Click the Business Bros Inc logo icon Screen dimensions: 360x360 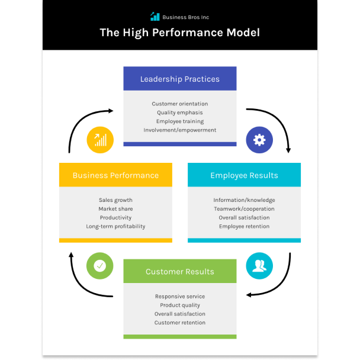click(x=155, y=17)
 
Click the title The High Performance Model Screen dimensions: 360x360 click(x=179, y=33)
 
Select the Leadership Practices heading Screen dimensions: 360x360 click(x=179, y=79)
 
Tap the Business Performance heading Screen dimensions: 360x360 click(x=115, y=175)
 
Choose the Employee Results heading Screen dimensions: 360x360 click(x=244, y=175)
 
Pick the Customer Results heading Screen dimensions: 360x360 click(x=179, y=272)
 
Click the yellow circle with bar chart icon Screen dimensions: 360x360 click(x=100, y=140)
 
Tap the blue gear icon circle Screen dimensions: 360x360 click(x=259, y=140)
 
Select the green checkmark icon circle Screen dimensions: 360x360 click(x=100, y=266)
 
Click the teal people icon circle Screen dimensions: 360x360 click(x=259, y=266)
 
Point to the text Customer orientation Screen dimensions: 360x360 click(x=179, y=104)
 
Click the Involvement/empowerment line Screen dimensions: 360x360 click(x=179, y=130)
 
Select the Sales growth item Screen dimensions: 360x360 click(x=115, y=200)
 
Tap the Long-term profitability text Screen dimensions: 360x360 click(x=115, y=226)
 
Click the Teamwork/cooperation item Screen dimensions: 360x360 click(x=244, y=209)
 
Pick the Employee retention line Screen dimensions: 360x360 click(x=244, y=226)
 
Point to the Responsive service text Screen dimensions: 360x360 click(x=179, y=296)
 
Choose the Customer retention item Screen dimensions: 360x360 click(x=179, y=323)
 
